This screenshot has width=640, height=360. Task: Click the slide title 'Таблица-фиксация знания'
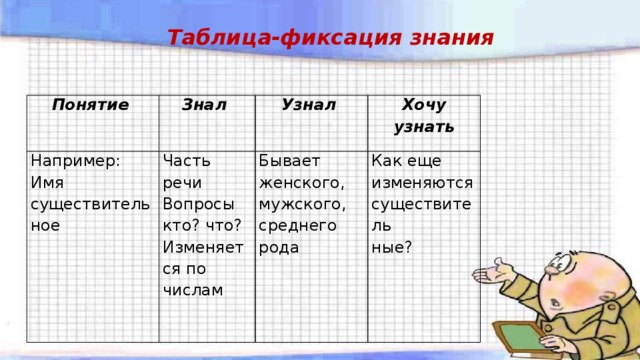click(x=329, y=38)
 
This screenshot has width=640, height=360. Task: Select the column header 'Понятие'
click(x=82, y=103)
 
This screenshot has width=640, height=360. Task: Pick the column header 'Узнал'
click(x=308, y=103)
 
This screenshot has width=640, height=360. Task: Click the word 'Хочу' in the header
click(x=423, y=105)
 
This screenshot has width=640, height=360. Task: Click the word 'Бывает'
click(x=289, y=160)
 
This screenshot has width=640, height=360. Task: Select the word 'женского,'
click(x=302, y=182)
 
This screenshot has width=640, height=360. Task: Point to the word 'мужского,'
click(x=302, y=203)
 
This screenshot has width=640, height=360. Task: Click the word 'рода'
click(x=279, y=247)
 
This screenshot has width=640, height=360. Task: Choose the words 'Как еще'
click(x=406, y=160)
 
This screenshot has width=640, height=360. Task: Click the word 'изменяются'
click(x=422, y=182)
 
